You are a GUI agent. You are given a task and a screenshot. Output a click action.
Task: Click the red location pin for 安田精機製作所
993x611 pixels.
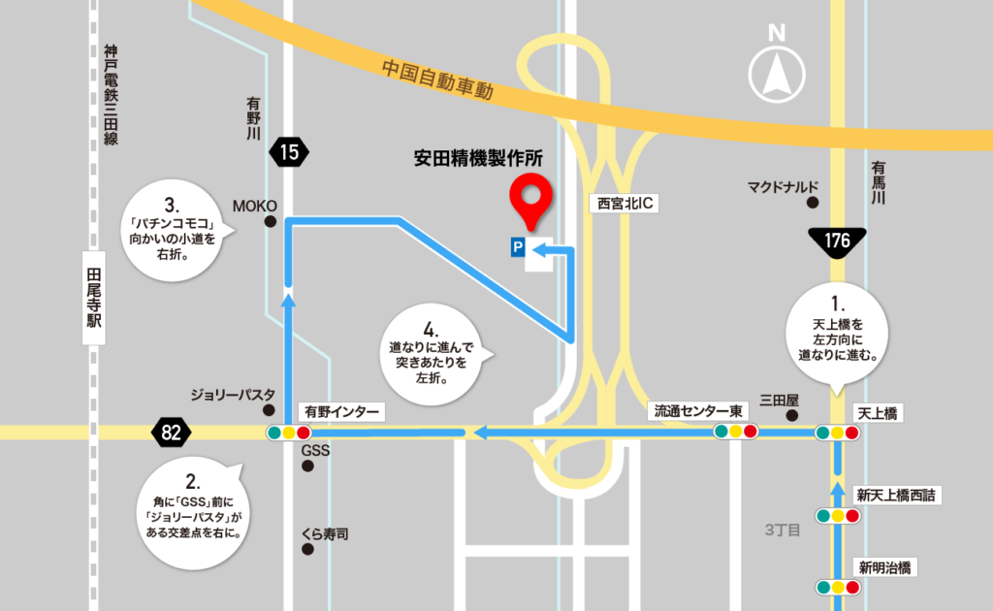click(x=530, y=195)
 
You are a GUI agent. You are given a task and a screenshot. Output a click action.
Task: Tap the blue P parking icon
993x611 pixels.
click(x=518, y=249)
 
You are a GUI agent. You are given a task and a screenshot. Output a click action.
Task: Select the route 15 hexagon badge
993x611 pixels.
click(x=290, y=151)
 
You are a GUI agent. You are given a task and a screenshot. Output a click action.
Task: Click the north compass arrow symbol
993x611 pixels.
click(x=776, y=73)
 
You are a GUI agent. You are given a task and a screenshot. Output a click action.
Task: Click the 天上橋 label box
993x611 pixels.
click(x=878, y=413)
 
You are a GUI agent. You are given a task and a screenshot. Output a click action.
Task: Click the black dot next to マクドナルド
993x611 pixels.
click(x=813, y=204)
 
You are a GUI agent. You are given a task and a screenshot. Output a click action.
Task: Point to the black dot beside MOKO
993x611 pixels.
click(x=271, y=222)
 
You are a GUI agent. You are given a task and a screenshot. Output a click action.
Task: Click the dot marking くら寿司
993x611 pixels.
click(x=308, y=550)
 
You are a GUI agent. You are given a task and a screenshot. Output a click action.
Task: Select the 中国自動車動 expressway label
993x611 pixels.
click(x=437, y=80)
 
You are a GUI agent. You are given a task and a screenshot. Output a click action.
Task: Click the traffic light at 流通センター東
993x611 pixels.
click(x=735, y=432)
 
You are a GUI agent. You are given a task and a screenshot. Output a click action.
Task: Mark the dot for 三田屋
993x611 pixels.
click(x=792, y=416)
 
